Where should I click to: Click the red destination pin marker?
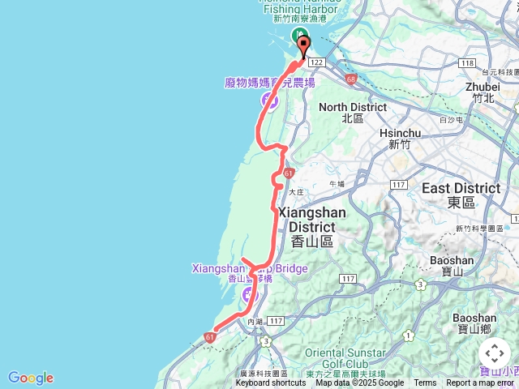point(304,45)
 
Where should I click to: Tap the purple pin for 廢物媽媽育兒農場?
point(268,100)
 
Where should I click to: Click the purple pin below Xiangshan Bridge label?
point(249,295)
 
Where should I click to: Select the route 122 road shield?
point(317,62)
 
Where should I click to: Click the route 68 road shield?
point(350,79)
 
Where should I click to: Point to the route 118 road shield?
point(465,62)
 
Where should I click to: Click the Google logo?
point(30,378)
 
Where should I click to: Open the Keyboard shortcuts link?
point(271,383)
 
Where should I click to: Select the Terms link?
point(425,383)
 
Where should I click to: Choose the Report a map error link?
point(480,383)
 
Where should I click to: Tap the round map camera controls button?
point(495,353)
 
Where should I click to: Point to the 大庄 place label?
point(295,191)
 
